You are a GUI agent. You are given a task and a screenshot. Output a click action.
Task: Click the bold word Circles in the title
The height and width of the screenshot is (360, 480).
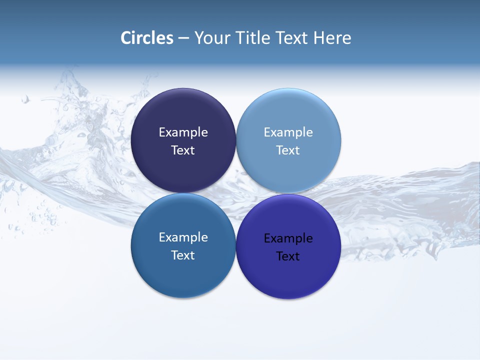click(147, 38)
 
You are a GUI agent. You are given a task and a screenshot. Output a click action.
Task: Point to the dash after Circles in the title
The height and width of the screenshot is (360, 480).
click(183, 38)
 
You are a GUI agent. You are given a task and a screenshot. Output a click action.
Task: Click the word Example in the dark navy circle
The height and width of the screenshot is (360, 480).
click(183, 132)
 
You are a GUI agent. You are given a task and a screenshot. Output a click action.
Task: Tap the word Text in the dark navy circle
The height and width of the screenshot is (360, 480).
click(183, 150)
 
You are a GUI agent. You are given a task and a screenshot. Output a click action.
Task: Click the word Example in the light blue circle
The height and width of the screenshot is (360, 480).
click(288, 132)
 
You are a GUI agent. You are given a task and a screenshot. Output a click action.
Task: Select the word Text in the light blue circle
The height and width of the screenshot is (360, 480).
click(288, 150)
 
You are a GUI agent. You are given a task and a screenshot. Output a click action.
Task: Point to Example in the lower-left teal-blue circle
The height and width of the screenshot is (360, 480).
click(183, 237)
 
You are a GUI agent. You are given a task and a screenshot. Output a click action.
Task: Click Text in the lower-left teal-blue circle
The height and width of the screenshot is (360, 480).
click(183, 255)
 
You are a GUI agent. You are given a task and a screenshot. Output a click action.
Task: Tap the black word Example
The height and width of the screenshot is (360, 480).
click(288, 238)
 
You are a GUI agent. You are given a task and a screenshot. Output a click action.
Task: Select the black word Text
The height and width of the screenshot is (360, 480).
click(288, 256)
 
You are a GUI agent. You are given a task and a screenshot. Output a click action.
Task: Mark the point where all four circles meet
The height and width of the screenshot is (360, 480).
click(236, 193)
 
